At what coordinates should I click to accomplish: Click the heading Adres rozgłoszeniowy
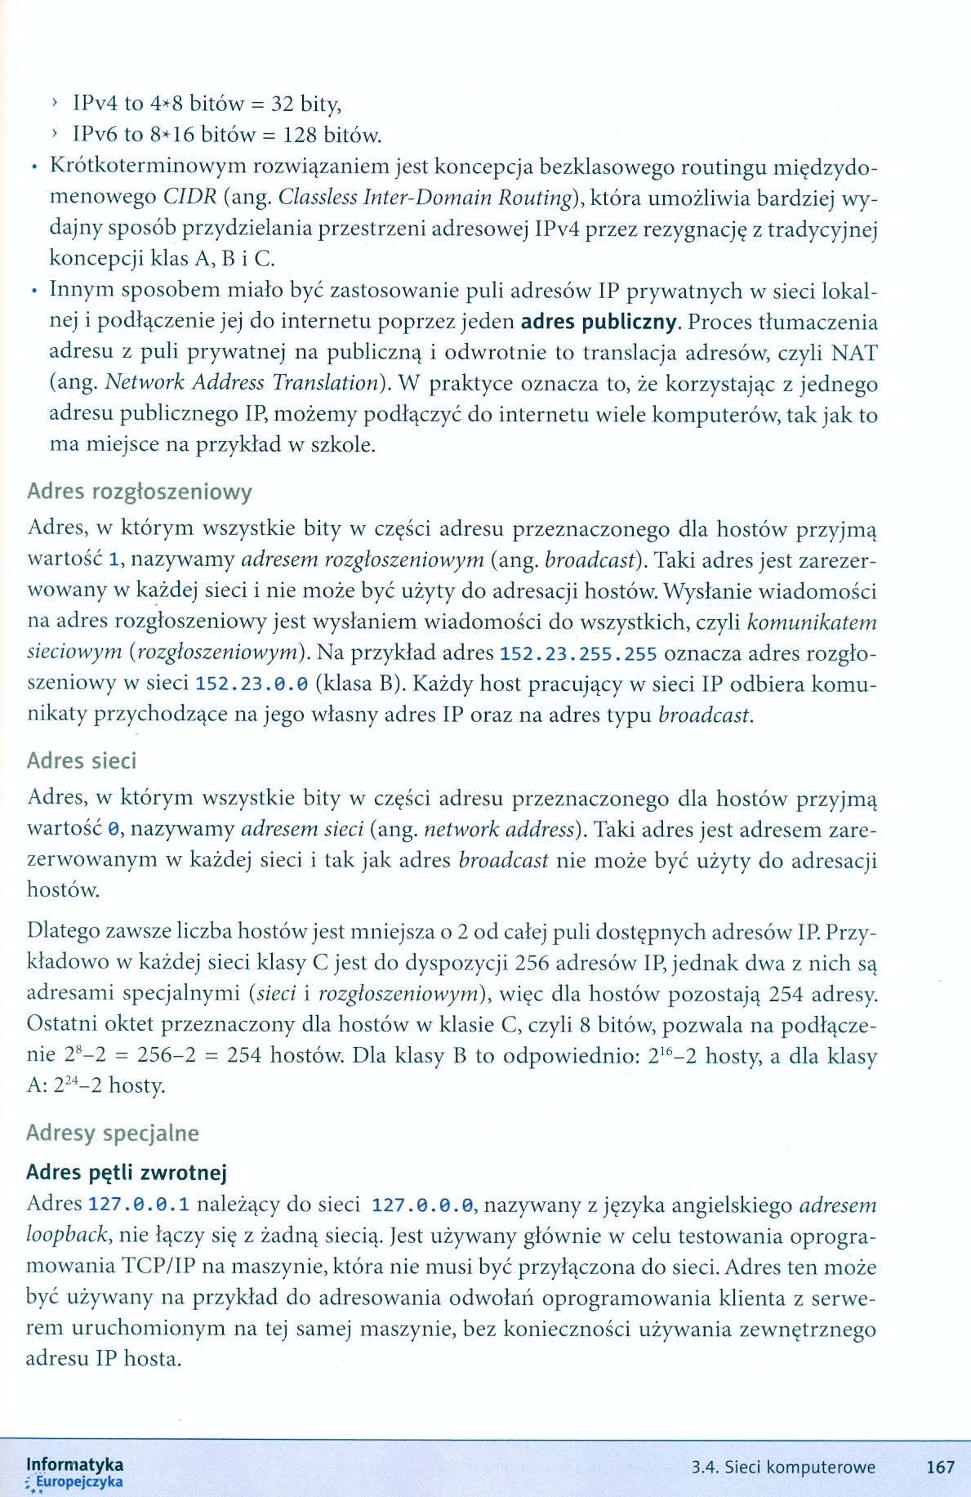click(x=140, y=492)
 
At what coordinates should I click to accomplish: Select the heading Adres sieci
click(x=82, y=760)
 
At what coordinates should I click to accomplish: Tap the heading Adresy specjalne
click(x=113, y=1133)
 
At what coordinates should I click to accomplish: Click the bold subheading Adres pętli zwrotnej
click(x=127, y=1173)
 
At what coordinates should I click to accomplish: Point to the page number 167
click(x=941, y=1467)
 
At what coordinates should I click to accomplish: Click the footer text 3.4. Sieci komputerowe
click(x=783, y=1467)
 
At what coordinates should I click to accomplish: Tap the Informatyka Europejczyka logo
click(x=75, y=1472)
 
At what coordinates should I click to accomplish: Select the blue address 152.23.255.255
click(x=577, y=654)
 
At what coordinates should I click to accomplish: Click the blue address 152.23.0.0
click(x=252, y=684)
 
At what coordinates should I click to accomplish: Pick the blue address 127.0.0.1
click(x=139, y=1205)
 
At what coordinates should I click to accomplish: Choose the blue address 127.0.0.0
click(x=422, y=1205)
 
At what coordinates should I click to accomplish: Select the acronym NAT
click(x=854, y=353)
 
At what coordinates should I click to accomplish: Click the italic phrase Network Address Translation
click(x=243, y=383)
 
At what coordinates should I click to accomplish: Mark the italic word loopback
click(x=67, y=1235)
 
